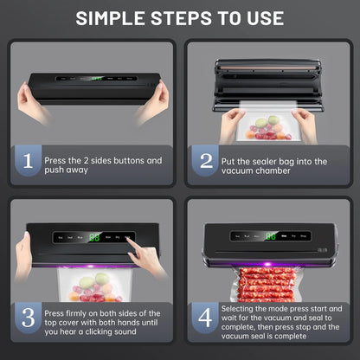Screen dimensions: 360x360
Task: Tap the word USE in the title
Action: click(260, 18)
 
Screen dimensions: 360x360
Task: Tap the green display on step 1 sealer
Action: click(97, 78)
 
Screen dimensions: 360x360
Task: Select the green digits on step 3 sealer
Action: click(93, 235)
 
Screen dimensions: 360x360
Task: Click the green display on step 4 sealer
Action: click(271, 235)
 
